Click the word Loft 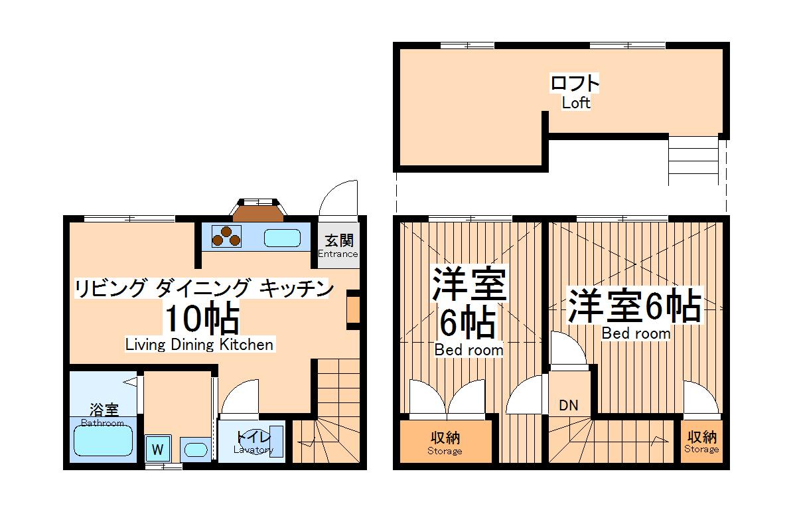tap(575, 103)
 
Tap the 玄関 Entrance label tap(338, 246)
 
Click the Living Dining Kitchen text tap(199, 345)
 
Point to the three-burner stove tap(226, 236)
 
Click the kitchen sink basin tap(283, 237)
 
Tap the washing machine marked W tap(157, 450)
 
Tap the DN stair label tap(567, 405)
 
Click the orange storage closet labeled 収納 tap(445, 442)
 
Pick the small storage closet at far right tap(701, 442)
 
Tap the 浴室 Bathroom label tap(103, 414)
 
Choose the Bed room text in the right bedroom tap(635, 333)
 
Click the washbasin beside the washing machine tap(195, 449)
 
